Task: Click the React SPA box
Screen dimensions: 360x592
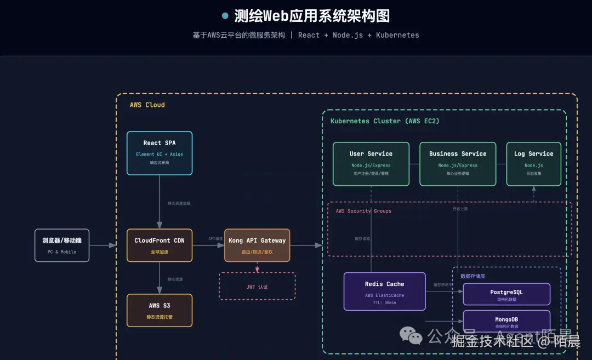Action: pos(160,153)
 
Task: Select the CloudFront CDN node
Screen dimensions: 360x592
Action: pos(160,245)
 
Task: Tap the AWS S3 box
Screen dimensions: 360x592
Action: pos(160,310)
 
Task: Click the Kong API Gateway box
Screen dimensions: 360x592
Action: pos(257,245)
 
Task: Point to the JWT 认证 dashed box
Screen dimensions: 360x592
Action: pos(257,286)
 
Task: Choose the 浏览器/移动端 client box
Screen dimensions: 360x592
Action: pos(62,245)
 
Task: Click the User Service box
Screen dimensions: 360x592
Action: pos(371,164)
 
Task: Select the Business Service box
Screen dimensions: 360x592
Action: pos(458,164)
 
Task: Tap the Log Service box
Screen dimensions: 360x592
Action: pos(533,164)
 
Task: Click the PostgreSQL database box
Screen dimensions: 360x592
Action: pos(506,294)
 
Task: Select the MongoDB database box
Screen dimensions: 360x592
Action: pos(506,321)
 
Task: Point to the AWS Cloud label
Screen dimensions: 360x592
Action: pos(147,105)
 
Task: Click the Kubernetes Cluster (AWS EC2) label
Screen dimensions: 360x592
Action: pos(385,121)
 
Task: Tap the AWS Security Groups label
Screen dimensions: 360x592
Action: pos(363,211)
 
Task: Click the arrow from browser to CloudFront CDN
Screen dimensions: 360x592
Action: pos(103,245)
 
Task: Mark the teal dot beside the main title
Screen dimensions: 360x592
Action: pos(225,16)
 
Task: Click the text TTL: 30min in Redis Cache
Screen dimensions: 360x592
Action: pos(384,302)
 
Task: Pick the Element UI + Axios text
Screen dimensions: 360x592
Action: pos(160,155)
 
